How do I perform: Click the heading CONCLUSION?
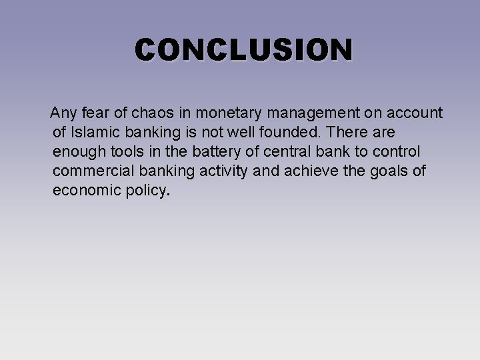point(244,50)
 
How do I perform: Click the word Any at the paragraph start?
point(64,111)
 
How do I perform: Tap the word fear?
point(97,111)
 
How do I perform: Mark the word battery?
point(207,151)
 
